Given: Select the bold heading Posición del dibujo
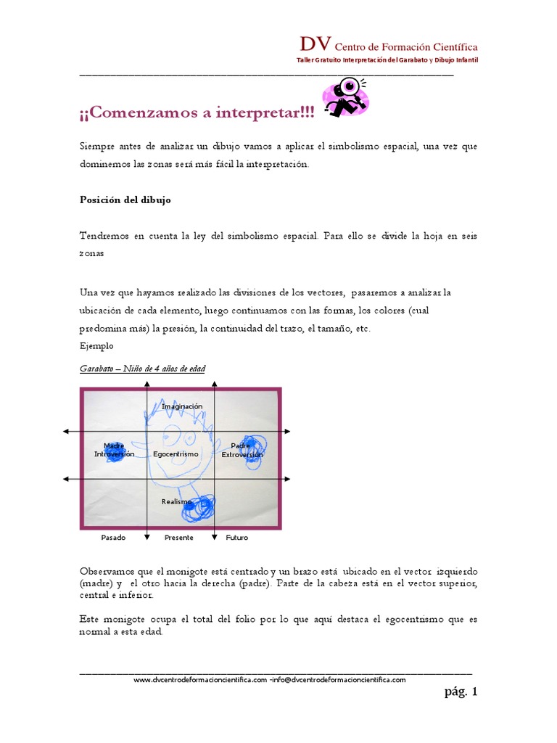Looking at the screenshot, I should click(x=125, y=200).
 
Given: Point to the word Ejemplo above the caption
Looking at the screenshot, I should click(x=96, y=346).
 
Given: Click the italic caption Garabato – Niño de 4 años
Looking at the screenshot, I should click(x=142, y=369).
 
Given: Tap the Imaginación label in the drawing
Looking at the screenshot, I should click(x=182, y=406).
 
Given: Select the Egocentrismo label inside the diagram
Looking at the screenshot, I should click(x=176, y=454).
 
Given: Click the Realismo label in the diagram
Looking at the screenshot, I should click(x=176, y=501).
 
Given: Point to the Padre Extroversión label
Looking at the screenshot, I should click(x=242, y=450).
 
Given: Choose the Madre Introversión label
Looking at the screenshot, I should click(x=114, y=450).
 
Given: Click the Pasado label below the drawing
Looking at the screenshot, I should click(x=113, y=538).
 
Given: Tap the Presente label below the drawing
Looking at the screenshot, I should click(x=178, y=538).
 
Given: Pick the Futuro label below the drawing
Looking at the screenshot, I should click(x=237, y=538).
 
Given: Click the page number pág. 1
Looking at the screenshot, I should click(x=461, y=692).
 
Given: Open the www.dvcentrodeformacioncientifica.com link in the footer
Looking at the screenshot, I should click(x=200, y=680).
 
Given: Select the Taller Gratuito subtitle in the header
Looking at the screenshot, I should click(x=388, y=59).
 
